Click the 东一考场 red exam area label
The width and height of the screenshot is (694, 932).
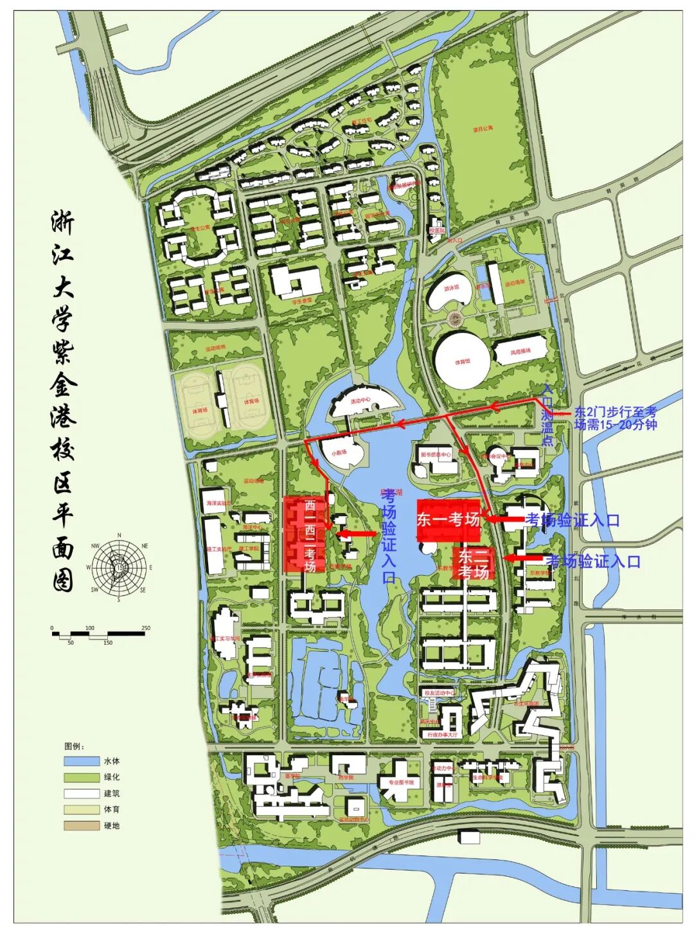[448, 519]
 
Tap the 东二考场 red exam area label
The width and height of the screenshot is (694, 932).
[474, 564]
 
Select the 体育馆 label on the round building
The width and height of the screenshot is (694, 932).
[463, 362]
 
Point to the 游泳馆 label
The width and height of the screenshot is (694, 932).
[452, 288]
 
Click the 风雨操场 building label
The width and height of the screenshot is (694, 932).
[520, 352]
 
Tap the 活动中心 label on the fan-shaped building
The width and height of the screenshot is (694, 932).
[360, 400]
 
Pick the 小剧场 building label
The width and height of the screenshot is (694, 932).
[339, 452]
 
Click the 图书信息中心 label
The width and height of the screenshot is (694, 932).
[436, 454]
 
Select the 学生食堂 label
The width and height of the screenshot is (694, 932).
[301, 300]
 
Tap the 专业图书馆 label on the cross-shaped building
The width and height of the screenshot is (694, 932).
[401, 782]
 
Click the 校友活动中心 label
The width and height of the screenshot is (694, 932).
[439, 693]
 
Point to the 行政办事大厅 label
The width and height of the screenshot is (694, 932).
[443, 734]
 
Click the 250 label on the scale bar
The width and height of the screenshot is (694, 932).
[146, 628]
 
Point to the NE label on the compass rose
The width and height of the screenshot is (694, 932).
[145, 546]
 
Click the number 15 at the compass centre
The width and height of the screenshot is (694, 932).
[120, 567]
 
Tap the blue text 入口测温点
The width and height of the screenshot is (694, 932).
[547, 414]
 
